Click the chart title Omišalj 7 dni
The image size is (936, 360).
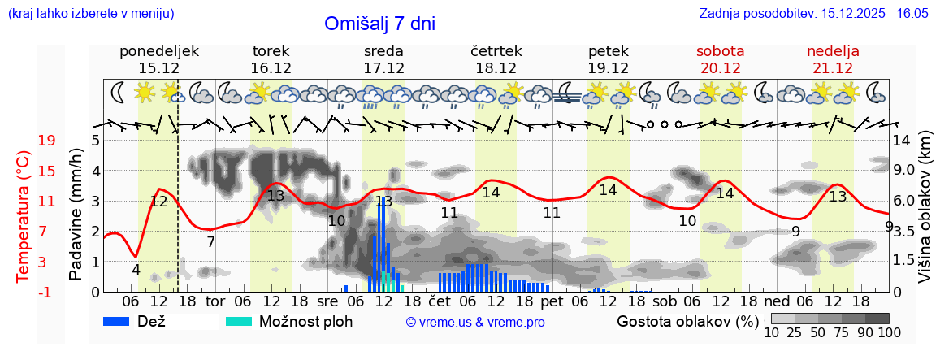click(x=379, y=24)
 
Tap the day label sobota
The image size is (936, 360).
click(x=720, y=51)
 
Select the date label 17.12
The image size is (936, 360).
click(x=383, y=68)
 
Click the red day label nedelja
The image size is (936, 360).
click(x=833, y=51)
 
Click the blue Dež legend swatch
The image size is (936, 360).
click(x=122, y=321)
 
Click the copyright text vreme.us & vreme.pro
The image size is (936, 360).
click(x=475, y=323)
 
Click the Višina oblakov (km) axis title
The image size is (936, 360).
click(x=925, y=215)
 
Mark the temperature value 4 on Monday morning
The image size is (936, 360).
click(x=136, y=270)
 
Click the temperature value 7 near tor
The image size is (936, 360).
click(x=210, y=241)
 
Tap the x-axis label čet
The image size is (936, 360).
click(x=440, y=301)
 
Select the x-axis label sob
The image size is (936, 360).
click(x=665, y=301)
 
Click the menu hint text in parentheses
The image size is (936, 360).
click(x=90, y=14)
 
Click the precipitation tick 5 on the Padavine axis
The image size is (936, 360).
click(x=95, y=141)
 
